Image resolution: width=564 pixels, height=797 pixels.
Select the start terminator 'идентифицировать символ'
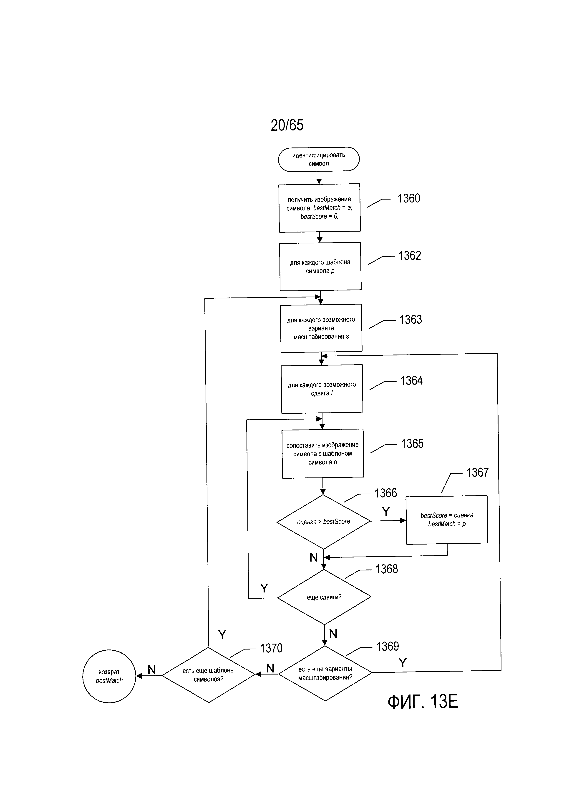point(319,159)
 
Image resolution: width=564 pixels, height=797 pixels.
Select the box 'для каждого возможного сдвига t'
point(322,389)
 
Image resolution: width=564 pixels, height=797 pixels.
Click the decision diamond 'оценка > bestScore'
point(323,521)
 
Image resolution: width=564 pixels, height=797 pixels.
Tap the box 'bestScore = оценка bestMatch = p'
point(447,520)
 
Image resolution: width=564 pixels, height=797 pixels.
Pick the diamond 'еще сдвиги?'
point(324,597)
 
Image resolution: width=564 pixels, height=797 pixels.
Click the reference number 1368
point(387,569)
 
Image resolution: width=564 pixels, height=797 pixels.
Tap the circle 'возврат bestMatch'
point(109,676)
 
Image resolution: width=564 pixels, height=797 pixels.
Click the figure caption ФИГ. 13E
point(423,702)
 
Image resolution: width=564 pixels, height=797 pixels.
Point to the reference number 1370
point(271,648)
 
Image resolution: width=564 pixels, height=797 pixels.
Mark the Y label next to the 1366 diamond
point(386,511)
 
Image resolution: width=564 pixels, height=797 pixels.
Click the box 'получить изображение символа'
point(320,208)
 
